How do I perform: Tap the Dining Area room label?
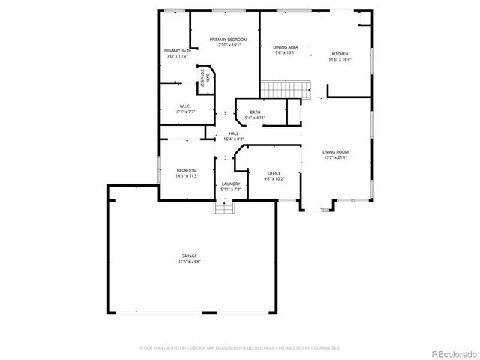point(286,47)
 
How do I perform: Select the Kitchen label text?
point(340,54)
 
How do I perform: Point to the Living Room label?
point(335,152)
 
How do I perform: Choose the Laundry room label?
point(231,184)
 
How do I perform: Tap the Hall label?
point(234,133)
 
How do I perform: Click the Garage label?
point(188,256)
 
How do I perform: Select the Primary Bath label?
point(177,51)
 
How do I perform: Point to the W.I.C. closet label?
point(185,106)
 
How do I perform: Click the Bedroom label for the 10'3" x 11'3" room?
point(187,170)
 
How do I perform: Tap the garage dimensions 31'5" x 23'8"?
point(188,262)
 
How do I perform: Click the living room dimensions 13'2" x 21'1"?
point(335,158)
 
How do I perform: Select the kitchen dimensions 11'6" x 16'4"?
point(340,60)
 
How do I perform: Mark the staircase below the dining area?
point(285,88)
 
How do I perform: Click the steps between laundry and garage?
point(224,208)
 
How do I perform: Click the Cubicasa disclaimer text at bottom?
point(240,348)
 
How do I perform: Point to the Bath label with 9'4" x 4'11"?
point(255,112)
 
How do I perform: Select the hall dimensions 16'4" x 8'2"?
point(234,139)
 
